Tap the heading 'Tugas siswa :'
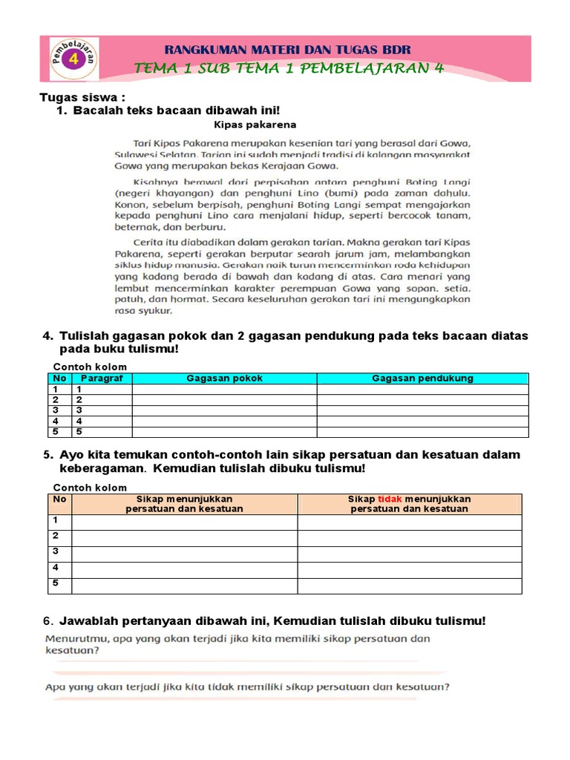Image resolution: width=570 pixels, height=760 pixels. point(82,98)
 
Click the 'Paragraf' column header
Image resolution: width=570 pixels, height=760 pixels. point(102,379)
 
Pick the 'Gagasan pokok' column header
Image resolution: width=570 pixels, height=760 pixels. point(224,379)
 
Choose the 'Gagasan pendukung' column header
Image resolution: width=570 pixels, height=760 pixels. point(422,379)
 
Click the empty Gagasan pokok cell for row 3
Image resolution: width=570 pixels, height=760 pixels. point(224,410)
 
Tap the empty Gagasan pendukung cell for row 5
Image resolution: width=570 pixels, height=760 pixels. point(422,431)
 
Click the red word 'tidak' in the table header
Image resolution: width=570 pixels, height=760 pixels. point(390,499)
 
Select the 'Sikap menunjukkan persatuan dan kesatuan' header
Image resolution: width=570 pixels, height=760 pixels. point(185,504)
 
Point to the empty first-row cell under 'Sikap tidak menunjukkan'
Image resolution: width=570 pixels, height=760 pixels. point(410,522)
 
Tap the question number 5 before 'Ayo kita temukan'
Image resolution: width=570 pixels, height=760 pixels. point(48,455)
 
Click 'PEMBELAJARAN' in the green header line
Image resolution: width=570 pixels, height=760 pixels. point(372,69)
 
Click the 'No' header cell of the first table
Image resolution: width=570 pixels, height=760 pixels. point(59,379)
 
